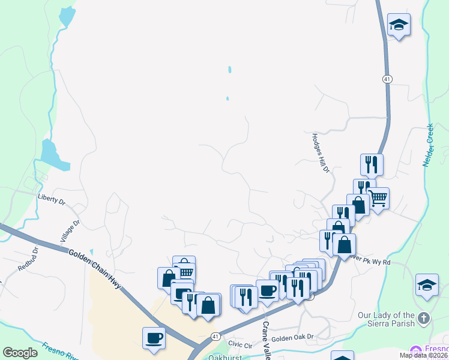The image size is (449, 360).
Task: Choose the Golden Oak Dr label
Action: (x=293, y=338)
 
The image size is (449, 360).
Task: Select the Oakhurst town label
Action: (x=223, y=358)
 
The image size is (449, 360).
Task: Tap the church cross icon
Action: (x=424, y=318)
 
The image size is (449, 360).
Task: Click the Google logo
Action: (x=20, y=352)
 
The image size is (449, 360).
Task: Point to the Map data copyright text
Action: (x=423, y=355)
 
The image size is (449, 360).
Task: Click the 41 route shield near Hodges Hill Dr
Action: (x=387, y=79)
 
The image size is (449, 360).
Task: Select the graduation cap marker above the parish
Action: (x=427, y=285)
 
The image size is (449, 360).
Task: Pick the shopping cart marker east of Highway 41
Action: (x=378, y=197)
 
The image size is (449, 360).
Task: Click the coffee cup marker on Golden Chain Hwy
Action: (x=154, y=337)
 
